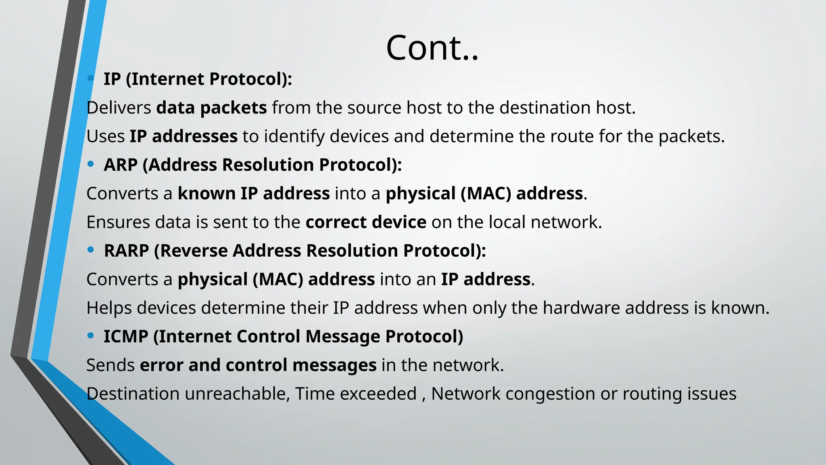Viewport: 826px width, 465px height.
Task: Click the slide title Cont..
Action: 432,48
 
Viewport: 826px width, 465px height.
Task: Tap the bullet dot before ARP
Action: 91,164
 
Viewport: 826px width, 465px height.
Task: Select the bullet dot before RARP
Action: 91,250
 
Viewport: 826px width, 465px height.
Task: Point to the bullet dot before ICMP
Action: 91,335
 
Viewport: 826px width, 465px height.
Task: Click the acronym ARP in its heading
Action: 121,165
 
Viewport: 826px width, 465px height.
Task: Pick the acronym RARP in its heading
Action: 126,251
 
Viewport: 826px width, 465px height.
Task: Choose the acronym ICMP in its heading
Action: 126,336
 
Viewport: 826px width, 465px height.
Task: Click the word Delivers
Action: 119,108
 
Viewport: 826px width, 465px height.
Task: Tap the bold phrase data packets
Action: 211,108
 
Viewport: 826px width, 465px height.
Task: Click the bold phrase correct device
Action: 366,222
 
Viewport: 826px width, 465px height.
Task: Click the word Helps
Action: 109,308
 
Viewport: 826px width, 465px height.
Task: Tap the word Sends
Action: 111,365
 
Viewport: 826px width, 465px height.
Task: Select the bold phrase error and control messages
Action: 258,365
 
